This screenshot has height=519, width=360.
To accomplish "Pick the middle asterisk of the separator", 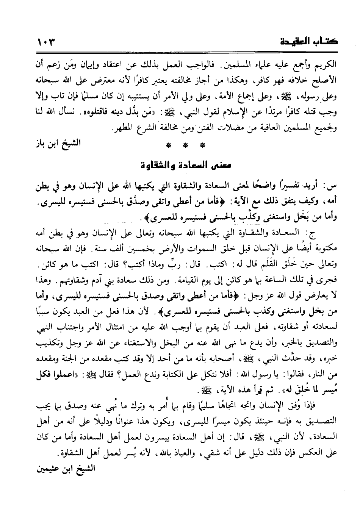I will (x=185, y=145).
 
